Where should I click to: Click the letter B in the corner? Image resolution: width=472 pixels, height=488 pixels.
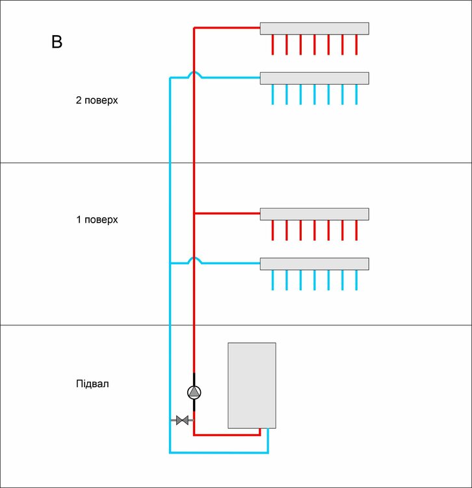[x=57, y=42]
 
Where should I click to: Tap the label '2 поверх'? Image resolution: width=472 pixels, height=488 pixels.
[x=97, y=101]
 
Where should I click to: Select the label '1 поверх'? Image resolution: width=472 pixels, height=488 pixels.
[x=97, y=219]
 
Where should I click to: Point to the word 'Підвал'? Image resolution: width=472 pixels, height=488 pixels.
[x=92, y=383]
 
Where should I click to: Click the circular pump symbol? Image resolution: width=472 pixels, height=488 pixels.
[x=194, y=392]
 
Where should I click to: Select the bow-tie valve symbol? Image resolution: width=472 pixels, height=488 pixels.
[x=183, y=420]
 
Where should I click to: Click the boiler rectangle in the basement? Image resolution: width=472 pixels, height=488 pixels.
[x=252, y=385]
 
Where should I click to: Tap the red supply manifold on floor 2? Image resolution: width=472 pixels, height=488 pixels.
[x=314, y=29]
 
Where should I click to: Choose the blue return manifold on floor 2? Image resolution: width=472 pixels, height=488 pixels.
[x=314, y=78]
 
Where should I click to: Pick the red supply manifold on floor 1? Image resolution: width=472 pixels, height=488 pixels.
[x=314, y=214]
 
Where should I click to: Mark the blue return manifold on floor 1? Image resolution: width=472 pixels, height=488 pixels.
[x=314, y=264]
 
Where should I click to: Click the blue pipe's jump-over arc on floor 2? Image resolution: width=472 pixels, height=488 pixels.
[x=194, y=75]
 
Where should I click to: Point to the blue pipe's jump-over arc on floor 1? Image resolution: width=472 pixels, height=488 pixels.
[x=194, y=260]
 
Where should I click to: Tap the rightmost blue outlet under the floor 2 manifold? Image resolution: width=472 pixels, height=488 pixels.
[x=356, y=94]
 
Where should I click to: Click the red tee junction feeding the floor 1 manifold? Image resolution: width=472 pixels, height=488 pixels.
[x=194, y=213]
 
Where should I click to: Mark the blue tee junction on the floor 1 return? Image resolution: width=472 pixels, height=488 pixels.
[x=170, y=264]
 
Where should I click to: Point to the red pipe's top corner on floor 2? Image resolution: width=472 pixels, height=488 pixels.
[x=194, y=28]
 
